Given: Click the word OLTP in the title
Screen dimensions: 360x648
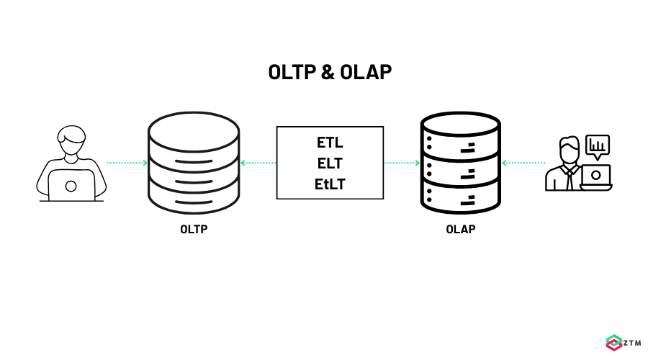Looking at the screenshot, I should point(290,73).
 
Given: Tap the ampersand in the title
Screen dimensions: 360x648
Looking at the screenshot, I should point(328,73).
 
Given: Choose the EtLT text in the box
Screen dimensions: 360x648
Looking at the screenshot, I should point(330,184).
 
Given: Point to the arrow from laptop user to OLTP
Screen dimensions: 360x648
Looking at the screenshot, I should point(127,163).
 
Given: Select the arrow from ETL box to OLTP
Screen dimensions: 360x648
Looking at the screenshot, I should point(258,163).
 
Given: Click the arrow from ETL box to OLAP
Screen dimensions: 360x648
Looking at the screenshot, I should point(402,163).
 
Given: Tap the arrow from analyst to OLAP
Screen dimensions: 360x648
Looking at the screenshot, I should point(523,163).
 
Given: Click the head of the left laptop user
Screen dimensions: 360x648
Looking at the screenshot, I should point(72,140).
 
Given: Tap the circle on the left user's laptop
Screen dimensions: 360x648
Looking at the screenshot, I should point(71,186).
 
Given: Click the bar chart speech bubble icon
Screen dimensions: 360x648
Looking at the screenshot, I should point(597,146).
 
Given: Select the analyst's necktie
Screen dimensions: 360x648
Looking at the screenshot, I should point(570,178).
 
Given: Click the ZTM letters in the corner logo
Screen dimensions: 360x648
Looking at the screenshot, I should point(631,343).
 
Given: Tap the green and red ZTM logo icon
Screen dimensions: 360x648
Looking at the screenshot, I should point(613,343).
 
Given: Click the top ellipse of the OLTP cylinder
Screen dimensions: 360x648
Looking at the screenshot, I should point(194,127).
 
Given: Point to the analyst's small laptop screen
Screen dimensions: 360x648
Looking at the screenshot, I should point(596,175).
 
